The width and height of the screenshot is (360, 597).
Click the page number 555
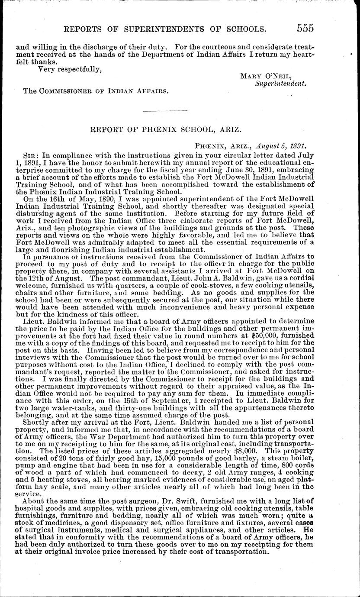(305, 29)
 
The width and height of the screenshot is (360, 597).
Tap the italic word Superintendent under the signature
(280, 84)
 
